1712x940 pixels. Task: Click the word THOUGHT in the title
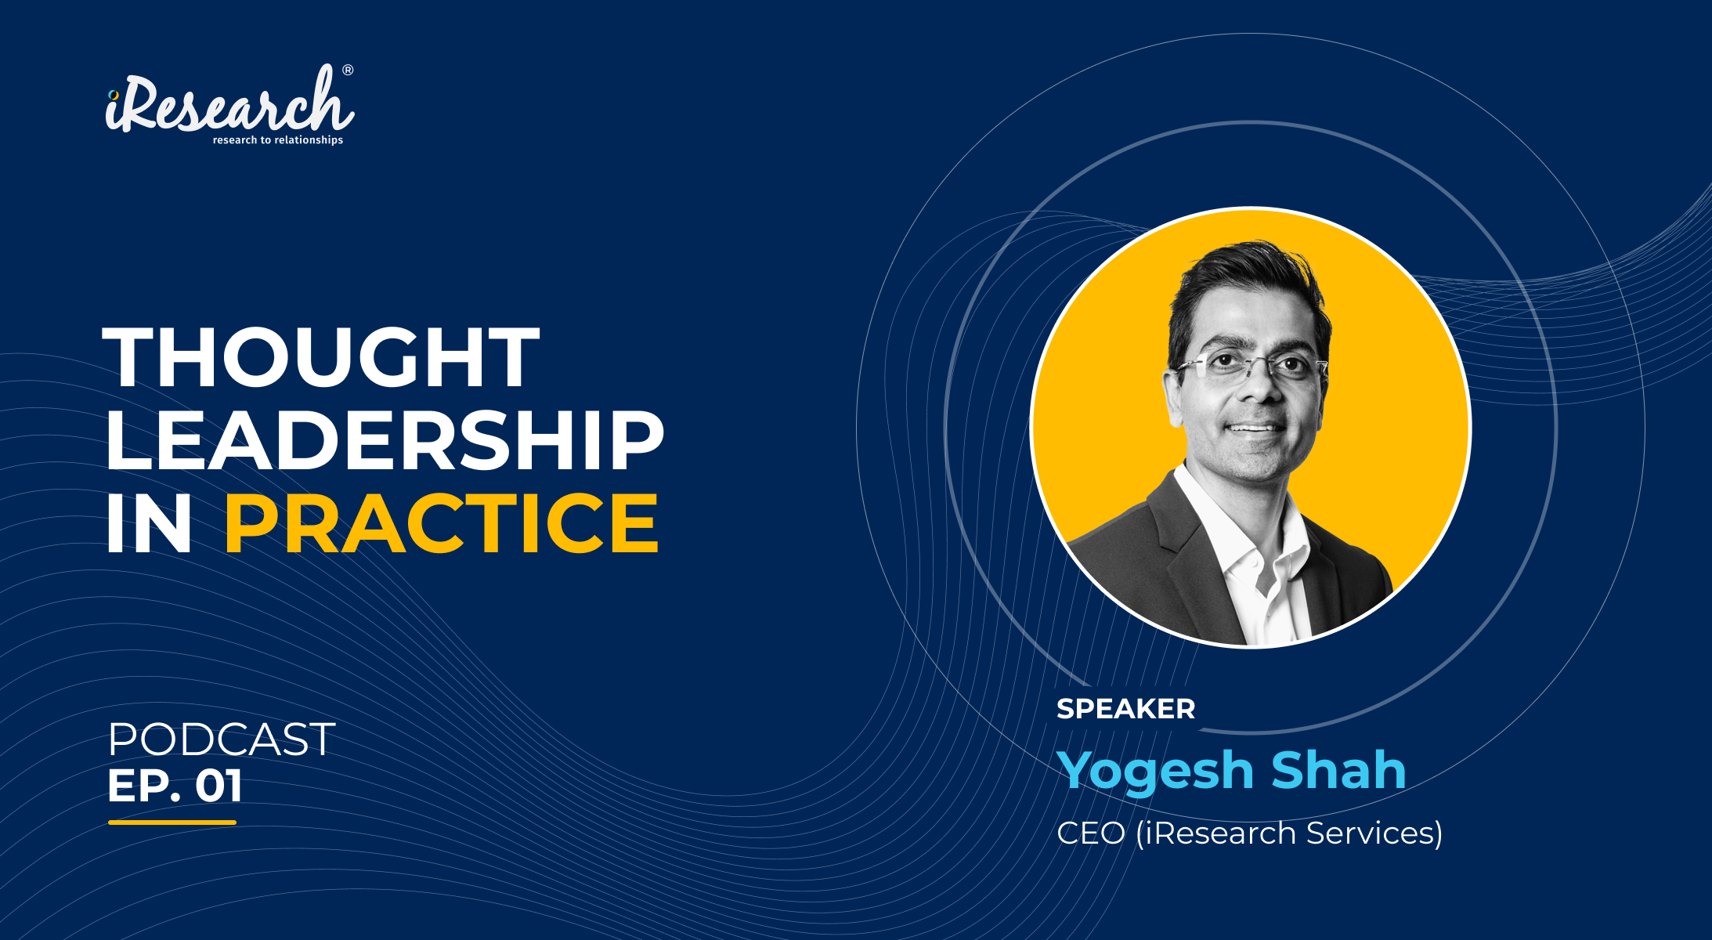tap(321, 357)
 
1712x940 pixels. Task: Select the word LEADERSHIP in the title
tap(385, 440)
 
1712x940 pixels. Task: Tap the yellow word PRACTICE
tap(442, 523)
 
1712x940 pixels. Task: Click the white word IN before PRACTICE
tap(149, 523)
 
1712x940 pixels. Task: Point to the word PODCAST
tap(222, 739)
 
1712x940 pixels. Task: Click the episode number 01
tap(219, 786)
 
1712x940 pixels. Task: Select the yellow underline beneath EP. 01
tap(172, 822)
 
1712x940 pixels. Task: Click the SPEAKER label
tap(1125, 709)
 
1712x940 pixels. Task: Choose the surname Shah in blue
tap(1339, 770)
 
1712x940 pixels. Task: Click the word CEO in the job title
tap(1091, 833)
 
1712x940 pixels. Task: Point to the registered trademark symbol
tap(348, 70)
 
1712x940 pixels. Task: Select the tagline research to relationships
tap(278, 140)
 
